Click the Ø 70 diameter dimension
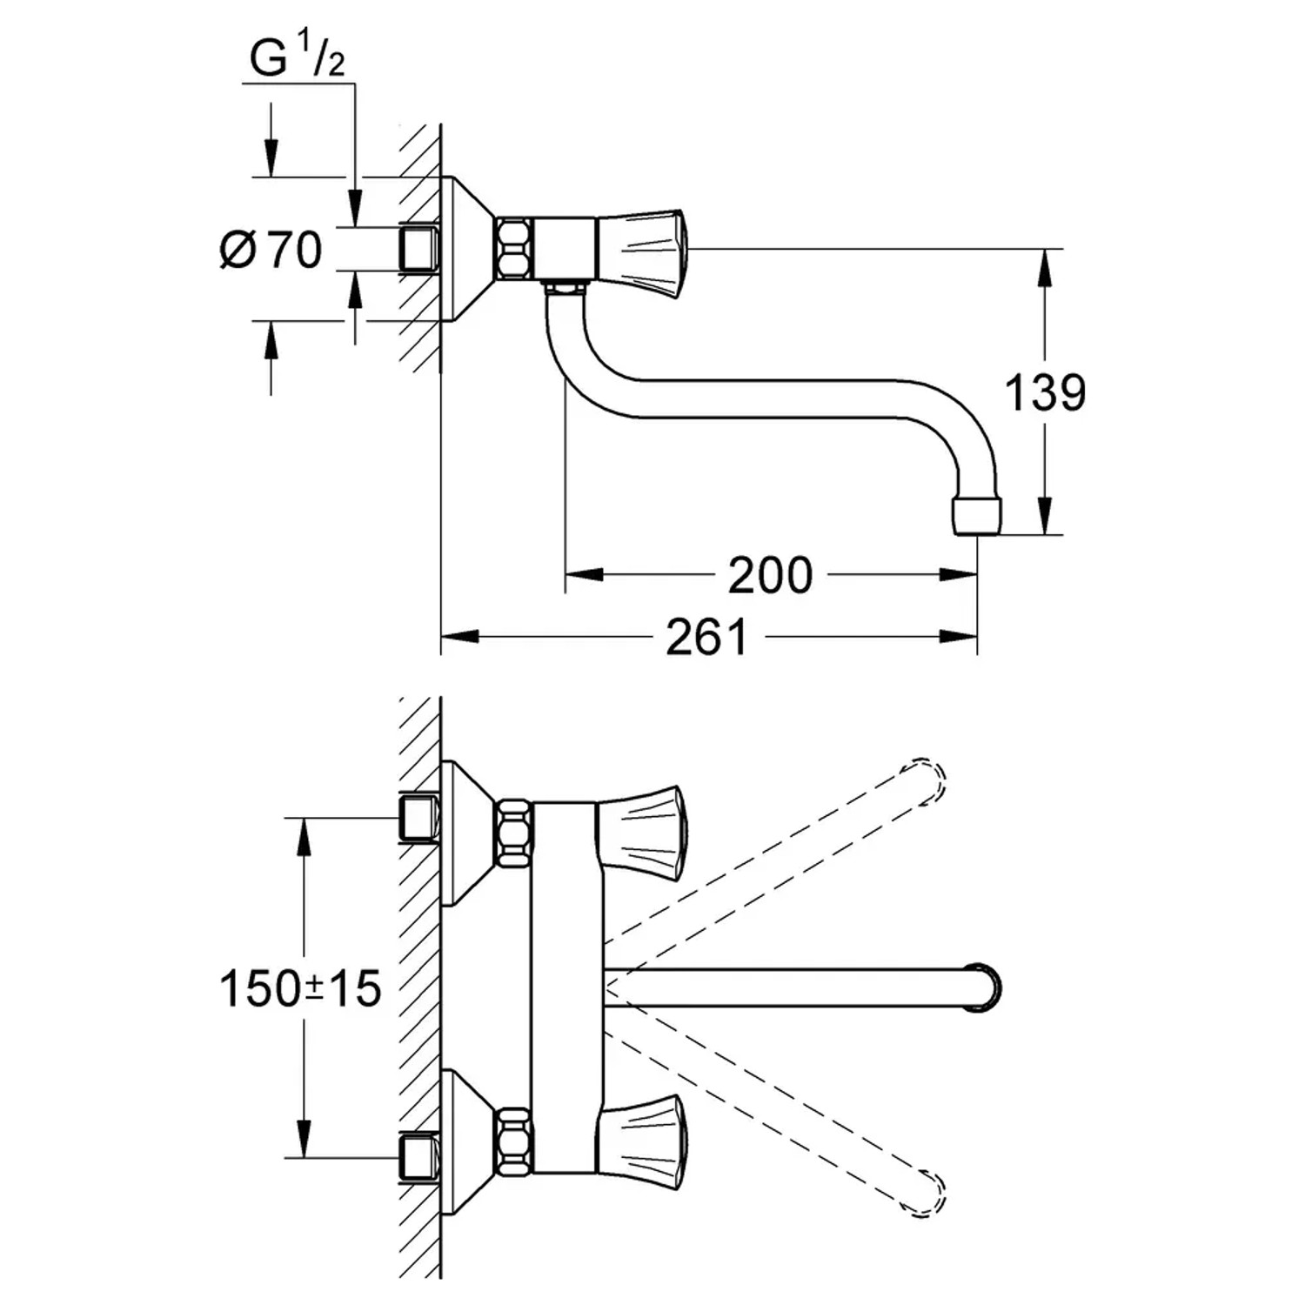271,251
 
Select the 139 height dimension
1045,392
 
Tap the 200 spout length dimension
769,575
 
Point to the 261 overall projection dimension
706,638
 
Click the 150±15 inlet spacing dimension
300,989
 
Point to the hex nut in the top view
513,249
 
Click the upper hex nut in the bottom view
513,833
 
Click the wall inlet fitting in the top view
419,249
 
